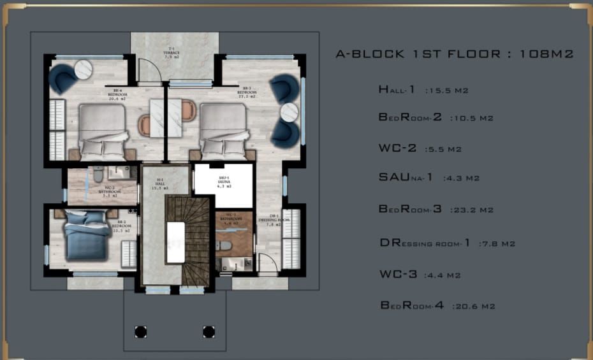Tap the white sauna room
223,185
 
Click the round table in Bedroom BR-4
84,69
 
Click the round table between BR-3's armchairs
289,112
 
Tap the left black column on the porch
140,331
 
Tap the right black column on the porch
208,331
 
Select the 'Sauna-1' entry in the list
406,178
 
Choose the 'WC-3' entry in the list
398,275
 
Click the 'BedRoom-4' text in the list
412,306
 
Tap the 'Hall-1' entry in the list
397,90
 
